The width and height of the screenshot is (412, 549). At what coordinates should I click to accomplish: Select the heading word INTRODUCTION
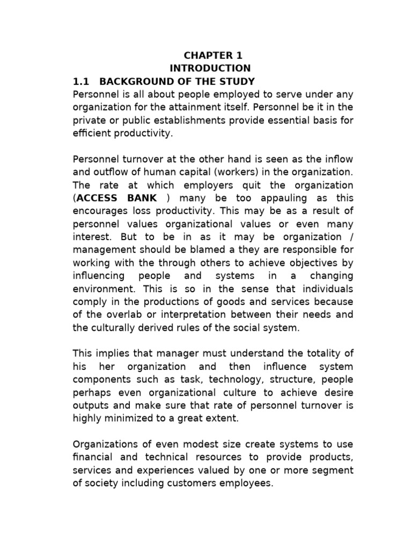click(210, 68)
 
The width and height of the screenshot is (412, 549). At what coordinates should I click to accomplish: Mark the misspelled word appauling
click(256, 198)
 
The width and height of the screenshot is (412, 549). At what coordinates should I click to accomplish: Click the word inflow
click(337, 159)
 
